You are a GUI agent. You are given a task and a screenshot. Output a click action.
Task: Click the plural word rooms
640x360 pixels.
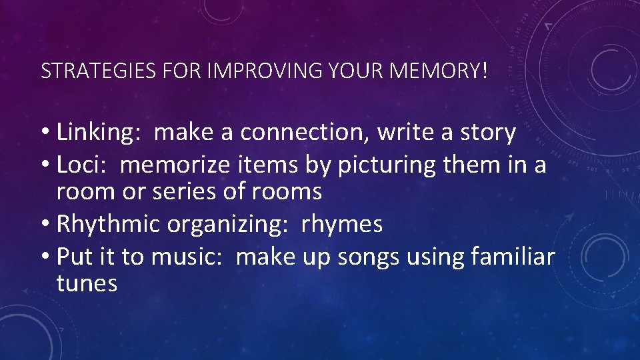[x=287, y=193]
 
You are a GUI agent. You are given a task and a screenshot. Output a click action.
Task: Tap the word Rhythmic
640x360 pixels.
[x=109, y=225]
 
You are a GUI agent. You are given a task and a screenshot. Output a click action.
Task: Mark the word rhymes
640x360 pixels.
[x=342, y=225]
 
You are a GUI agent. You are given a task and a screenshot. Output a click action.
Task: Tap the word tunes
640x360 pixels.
[x=87, y=284]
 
